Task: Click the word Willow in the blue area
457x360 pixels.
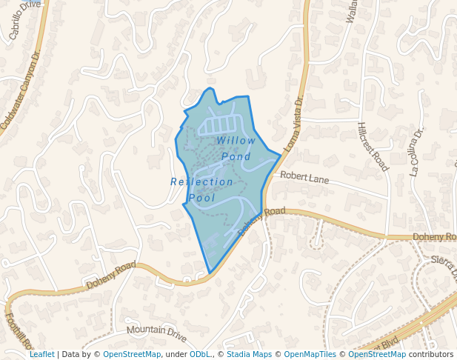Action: point(236,141)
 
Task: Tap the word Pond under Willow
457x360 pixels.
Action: point(236,156)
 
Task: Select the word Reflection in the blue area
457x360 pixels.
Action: point(201,182)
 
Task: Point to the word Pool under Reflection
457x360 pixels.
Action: point(201,198)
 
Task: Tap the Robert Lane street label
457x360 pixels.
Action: point(304,178)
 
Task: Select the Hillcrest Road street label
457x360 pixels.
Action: point(373,147)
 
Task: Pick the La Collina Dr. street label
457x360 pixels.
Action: point(417,152)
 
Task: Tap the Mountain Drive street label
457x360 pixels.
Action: point(156,333)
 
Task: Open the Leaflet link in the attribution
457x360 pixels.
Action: point(41,354)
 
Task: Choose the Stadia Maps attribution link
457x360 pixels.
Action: point(249,354)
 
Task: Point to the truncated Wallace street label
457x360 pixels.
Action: point(353,11)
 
